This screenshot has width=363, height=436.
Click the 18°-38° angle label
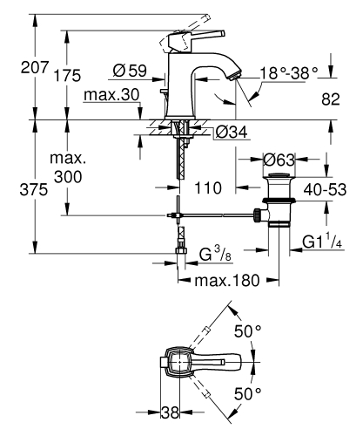[x=291, y=76]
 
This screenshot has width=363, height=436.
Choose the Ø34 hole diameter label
[x=229, y=133]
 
